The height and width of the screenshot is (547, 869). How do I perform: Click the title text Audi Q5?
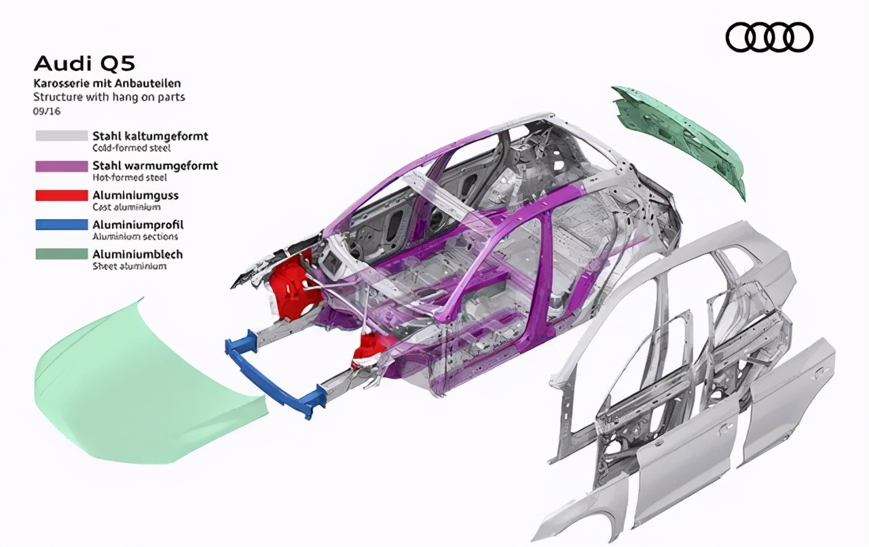[x=85, y=64]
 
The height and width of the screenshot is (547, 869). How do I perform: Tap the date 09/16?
[x=47, y=111]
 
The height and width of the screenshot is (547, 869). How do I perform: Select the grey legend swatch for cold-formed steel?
[x=62, y=136]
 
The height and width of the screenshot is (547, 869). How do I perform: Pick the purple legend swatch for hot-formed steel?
[x=62, y=166]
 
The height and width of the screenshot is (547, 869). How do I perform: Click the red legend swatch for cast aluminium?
[x=62, y=195]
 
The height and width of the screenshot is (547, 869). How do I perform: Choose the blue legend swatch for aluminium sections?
[x=62, y=225]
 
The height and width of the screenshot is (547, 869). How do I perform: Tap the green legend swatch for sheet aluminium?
[x=62, y=254]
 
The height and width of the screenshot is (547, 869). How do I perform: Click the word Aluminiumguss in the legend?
[x=135, y=195]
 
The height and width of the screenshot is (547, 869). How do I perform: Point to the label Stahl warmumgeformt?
[x=155, y=166]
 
